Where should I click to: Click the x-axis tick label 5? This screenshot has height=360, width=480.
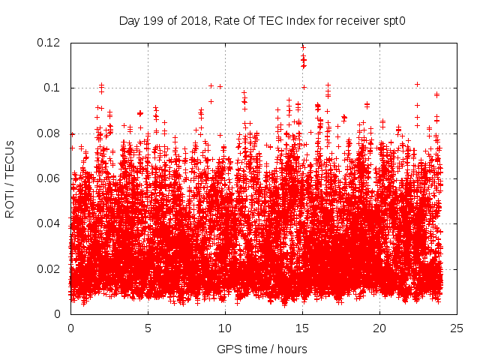tap(148, 328)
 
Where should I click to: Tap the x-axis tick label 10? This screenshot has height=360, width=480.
tap(225, 328)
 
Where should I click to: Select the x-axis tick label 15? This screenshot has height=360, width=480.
tap(302, 328)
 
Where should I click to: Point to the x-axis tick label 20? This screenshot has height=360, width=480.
tap(379, 328)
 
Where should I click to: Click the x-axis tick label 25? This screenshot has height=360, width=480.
tap(457, 328)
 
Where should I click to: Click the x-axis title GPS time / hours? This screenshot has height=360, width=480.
tap(262, 349)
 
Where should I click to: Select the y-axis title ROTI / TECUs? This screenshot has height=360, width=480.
tap(10, 178)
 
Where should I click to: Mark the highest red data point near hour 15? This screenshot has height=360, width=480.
tap(303, 46)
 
